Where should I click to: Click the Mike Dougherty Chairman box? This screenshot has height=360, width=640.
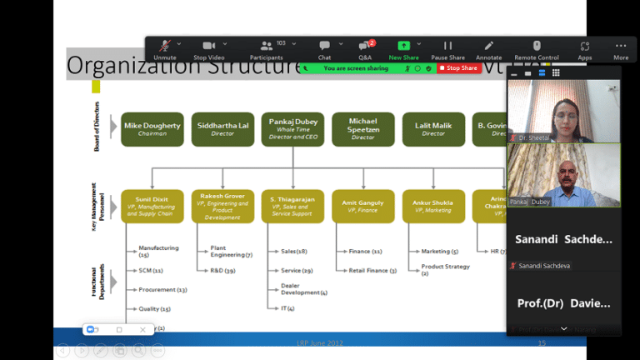click(x=152, y=129)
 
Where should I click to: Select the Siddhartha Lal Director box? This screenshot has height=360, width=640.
click(x=222, y=129)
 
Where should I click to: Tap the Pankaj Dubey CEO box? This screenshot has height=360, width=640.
click(x=292, y=129)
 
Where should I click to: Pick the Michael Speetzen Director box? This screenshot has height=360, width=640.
click(x=362, y=129)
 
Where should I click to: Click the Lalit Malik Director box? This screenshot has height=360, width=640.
click(x=433, y=129)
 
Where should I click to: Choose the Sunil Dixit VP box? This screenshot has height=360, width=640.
click(x=152, y=206)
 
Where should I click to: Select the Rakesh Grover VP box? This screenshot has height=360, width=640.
click(x=222, y=206)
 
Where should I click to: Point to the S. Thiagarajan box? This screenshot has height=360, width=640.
click(x=292, y=206)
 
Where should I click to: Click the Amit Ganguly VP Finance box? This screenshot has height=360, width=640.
click(x=362, y=206)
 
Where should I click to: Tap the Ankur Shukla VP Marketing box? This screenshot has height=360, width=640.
click(x=433, y=206)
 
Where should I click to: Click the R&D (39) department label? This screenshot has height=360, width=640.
click(x=222, y=271)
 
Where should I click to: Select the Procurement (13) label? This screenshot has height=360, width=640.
click(x=162, y=289)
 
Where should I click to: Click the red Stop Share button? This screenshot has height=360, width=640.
click(x=461, y=68)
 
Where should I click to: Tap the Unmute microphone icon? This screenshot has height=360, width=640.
click(x=165, y=46)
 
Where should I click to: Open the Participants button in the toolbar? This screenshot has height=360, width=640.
click(x=267, y=46)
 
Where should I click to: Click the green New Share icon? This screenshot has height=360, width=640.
click(x=404, y=46)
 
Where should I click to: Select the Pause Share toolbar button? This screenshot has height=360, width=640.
click(x=447, y=46)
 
